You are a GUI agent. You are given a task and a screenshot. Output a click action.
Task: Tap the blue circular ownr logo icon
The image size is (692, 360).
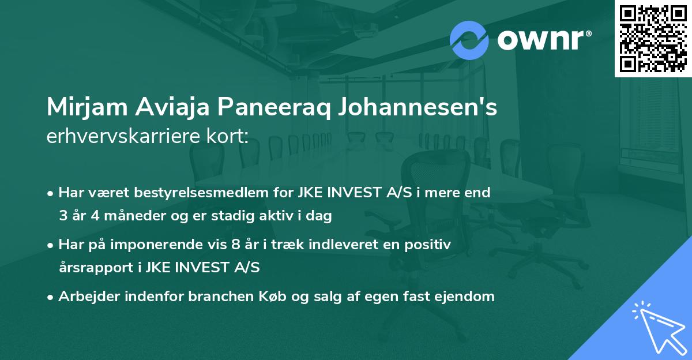point(469,40)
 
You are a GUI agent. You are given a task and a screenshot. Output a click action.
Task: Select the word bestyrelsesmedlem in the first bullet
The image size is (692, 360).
point(177,193)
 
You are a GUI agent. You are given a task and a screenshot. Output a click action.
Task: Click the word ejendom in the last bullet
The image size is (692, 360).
point(466,297)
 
